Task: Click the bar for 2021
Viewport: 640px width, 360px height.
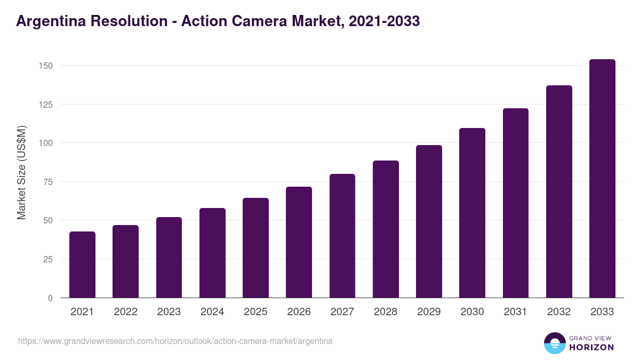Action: (x=82, y=265)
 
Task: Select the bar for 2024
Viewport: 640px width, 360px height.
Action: (x=212, y=253)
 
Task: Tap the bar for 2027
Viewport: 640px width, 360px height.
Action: (x=342, y=236)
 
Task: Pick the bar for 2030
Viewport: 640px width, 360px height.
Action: (x=472, y=213)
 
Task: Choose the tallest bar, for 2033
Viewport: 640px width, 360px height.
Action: (x=602, y=179)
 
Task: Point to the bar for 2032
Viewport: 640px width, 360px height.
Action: (x=559, y=191)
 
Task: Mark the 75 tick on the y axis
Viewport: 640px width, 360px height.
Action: (x=48, y=182)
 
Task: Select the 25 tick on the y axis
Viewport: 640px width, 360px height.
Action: (x=48, y=259)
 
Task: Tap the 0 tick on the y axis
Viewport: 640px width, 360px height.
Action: (x=50, y=298)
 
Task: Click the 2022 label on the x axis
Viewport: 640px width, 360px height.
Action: (x=125, y=312)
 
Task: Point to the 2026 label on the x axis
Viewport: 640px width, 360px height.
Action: (x=299, y=312)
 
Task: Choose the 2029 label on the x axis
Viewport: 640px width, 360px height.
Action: (x=429, y=312)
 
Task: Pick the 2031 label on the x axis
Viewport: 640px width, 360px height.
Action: (x=516, y=312)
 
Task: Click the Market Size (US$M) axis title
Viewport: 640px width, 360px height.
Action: (x=21, y=172)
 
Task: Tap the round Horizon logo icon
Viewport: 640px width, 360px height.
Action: (x=554, y=343)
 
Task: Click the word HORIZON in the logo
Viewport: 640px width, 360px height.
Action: (x=591, y=347)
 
